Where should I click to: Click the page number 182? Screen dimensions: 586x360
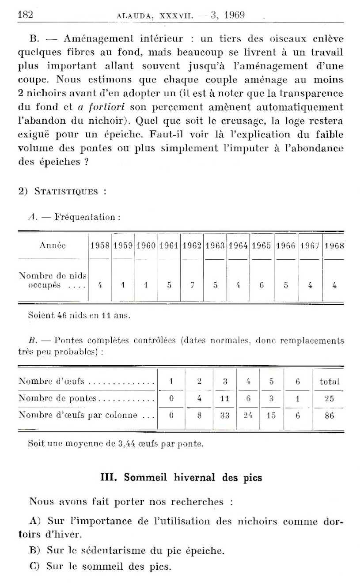pos(26,14)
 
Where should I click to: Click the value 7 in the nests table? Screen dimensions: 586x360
pos(192,285)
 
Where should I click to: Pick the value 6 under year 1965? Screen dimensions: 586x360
pos(261,285)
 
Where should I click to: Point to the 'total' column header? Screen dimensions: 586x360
pos(330,382)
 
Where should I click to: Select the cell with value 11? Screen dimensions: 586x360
pos(224,398)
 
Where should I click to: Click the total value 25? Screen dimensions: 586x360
pos(330,398)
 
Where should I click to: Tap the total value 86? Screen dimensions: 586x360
pos(330,415)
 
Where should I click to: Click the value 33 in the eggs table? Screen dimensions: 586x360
pos(224,415)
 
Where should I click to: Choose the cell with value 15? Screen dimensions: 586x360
pos(271,415)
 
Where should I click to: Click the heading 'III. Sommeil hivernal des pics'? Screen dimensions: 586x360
pos(181,477)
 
